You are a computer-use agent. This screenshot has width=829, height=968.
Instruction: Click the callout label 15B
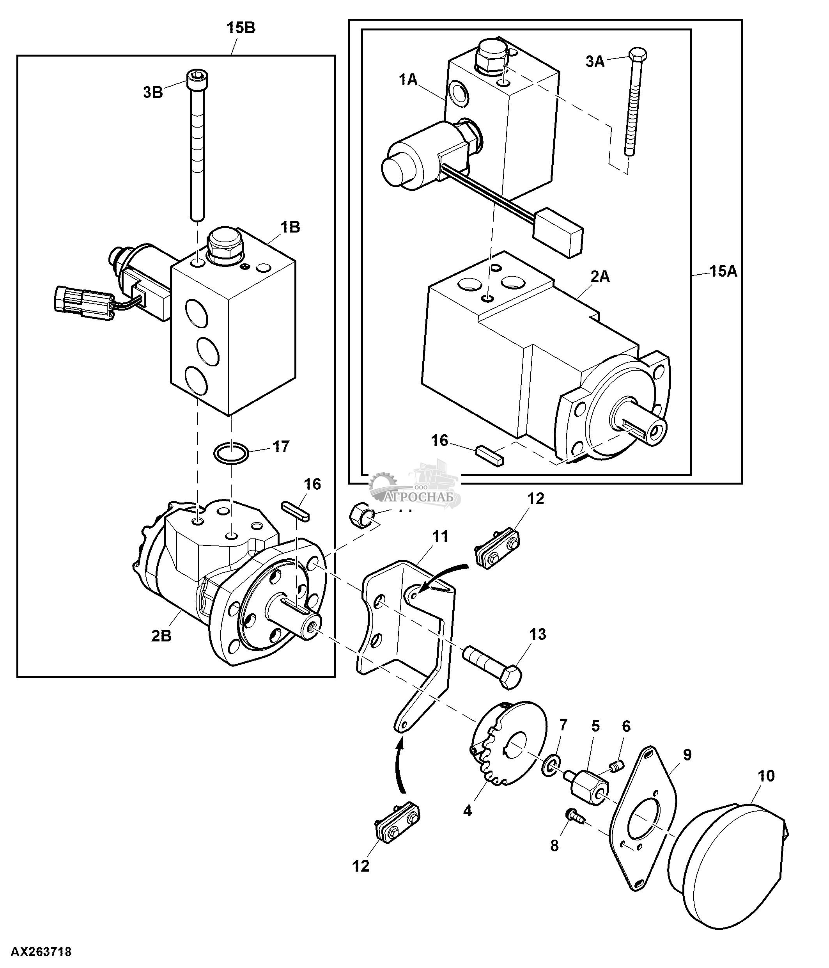pyautogui.click(x=241, y=28)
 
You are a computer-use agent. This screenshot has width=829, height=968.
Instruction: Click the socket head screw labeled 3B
pyautogui.click(x=197, y=145)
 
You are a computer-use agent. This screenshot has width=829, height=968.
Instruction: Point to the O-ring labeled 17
pyautogui.click(x=230, y=454)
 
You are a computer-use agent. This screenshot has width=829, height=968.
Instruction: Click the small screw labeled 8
pyautogui.click(x=573, y=815)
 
